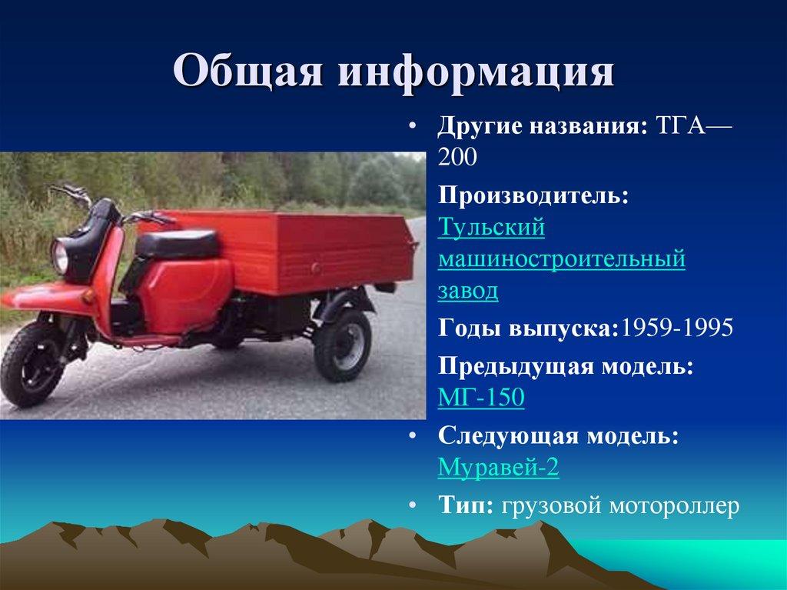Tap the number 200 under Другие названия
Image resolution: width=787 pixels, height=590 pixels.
tap(457, 157)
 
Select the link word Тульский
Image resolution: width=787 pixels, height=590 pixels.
tap(491, 227)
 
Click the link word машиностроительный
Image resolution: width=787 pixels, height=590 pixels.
tap(562, 258)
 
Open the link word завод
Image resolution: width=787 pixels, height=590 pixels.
tap(468, 292)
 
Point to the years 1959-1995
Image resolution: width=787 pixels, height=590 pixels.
tap(676, 328)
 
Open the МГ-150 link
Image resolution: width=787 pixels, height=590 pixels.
tap(481, 397)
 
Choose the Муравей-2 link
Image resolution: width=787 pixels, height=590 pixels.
tap(498, 467)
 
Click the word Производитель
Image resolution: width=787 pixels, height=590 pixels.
tap(533, 195)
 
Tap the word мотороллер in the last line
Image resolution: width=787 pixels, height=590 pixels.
tap(674, 506)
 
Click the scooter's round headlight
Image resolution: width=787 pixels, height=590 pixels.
tap(59, 256)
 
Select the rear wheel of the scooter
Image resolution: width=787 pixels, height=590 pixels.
tap(342, 345)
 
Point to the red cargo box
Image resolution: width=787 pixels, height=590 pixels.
tap(281, 250)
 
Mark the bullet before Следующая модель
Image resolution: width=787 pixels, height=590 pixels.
tap(412, 435)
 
